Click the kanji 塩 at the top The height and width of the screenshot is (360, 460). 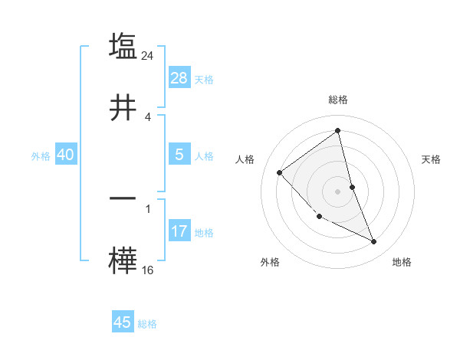coord(123,46)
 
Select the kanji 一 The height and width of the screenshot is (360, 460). coord(123,198)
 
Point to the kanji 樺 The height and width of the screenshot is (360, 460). coord(123,260)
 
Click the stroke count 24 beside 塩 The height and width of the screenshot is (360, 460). coord(149,55)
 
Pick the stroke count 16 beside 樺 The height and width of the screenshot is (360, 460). coord(148,270)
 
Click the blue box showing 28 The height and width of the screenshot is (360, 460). coord(179,78)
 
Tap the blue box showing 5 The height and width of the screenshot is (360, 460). coord(179,155)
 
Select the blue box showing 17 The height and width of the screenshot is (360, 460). coord(179,231)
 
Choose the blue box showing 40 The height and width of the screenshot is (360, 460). coord(65,155)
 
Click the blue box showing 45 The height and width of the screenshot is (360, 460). coord(123,322)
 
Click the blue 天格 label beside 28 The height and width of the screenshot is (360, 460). coord(204,80)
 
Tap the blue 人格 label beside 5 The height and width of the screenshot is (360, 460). coord(204,156)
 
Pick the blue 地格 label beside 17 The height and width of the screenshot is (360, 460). coord(204,233)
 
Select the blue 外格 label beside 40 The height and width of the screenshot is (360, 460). coord(41,156)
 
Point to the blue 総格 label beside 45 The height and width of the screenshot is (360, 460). coord(147,324)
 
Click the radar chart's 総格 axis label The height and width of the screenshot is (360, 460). coord(338,100)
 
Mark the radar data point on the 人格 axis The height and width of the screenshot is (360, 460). coord(280,172)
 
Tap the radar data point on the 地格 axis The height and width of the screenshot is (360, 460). coord(374,242)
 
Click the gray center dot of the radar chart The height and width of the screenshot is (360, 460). coord(338,191)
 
